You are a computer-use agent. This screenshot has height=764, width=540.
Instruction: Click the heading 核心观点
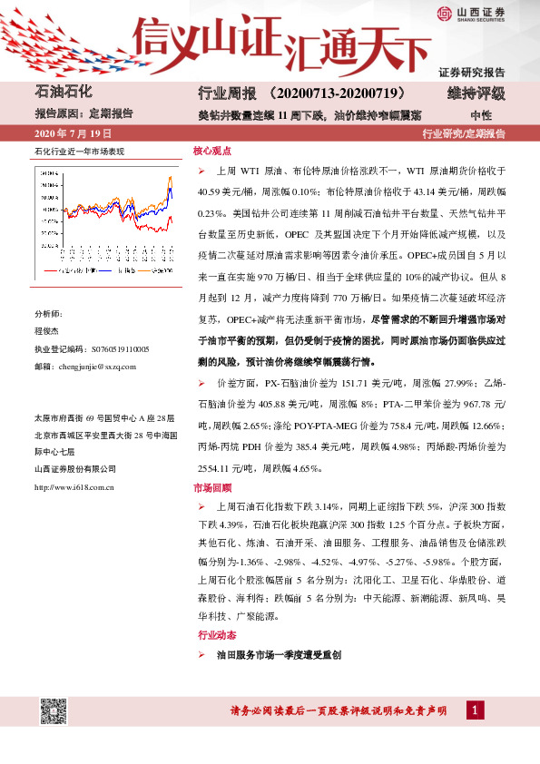coord(212,152)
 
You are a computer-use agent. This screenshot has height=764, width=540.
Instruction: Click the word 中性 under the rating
coord(481,115)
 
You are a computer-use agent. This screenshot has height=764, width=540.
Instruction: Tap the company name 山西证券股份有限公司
coord(75,468)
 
